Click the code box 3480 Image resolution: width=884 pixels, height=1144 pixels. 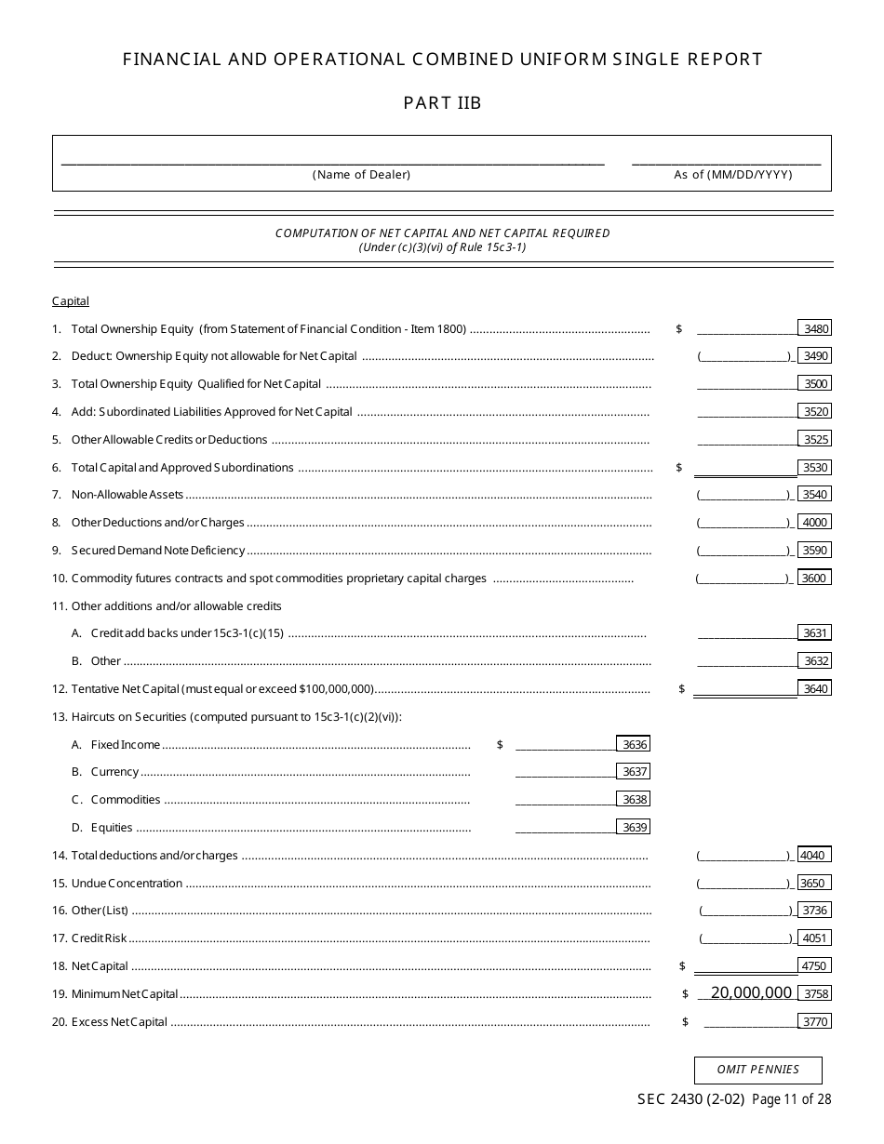(x=814, y=328)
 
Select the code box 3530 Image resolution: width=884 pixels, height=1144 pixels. (x=814, y=468)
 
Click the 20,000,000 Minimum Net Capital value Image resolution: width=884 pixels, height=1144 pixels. (x=750, y=993)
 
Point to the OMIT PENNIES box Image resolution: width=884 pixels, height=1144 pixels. (x=757, y=1070)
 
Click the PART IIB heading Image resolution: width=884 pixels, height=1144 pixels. (x=442, y=103)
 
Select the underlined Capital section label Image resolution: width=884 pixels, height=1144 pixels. (x=71, y=301)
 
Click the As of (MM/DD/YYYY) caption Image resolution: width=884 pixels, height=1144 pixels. (x=733, y=175)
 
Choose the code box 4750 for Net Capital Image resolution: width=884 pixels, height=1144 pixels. (x=814, y=965)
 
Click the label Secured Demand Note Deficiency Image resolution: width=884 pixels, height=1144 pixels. (x=157, y=551)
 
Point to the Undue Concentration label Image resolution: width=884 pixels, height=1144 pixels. (x=127, y=883)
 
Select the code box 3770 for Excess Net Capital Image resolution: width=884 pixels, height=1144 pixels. (x=814, y=1021)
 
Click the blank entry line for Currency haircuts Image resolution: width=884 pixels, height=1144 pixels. (x=565, y=771)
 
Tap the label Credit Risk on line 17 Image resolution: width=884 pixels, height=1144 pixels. (x=99, y=938)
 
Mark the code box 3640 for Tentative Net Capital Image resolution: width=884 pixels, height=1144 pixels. (x=814, y=689)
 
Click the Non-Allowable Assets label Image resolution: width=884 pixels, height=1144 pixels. (x=127, y=495)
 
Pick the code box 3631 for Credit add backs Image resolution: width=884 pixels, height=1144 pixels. (x=814, y=633)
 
